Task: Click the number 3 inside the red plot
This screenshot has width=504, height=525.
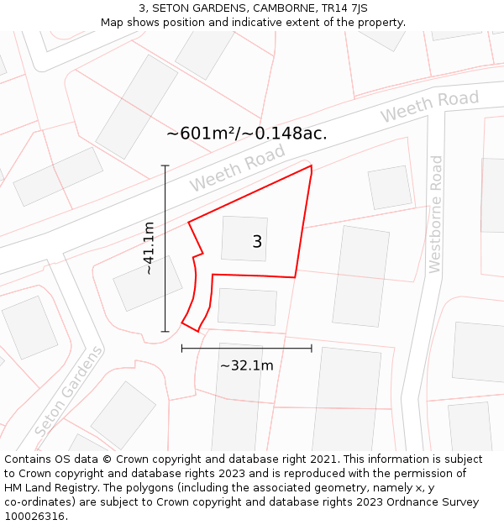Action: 257,242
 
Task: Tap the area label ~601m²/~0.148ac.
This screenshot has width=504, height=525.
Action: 246,133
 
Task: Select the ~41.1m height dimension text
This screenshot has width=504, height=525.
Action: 149,249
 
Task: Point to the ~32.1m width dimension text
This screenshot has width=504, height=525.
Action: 246,365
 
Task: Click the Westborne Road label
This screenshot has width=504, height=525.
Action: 435,214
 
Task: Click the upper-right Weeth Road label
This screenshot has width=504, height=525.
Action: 429,106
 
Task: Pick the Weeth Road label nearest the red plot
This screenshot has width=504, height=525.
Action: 237,167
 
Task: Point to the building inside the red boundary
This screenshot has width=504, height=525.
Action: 244,239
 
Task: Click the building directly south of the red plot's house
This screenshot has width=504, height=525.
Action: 247,307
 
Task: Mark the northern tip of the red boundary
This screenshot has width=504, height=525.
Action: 312,165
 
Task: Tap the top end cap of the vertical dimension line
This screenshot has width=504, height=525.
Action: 165,165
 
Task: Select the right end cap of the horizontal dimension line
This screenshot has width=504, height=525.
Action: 312,348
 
